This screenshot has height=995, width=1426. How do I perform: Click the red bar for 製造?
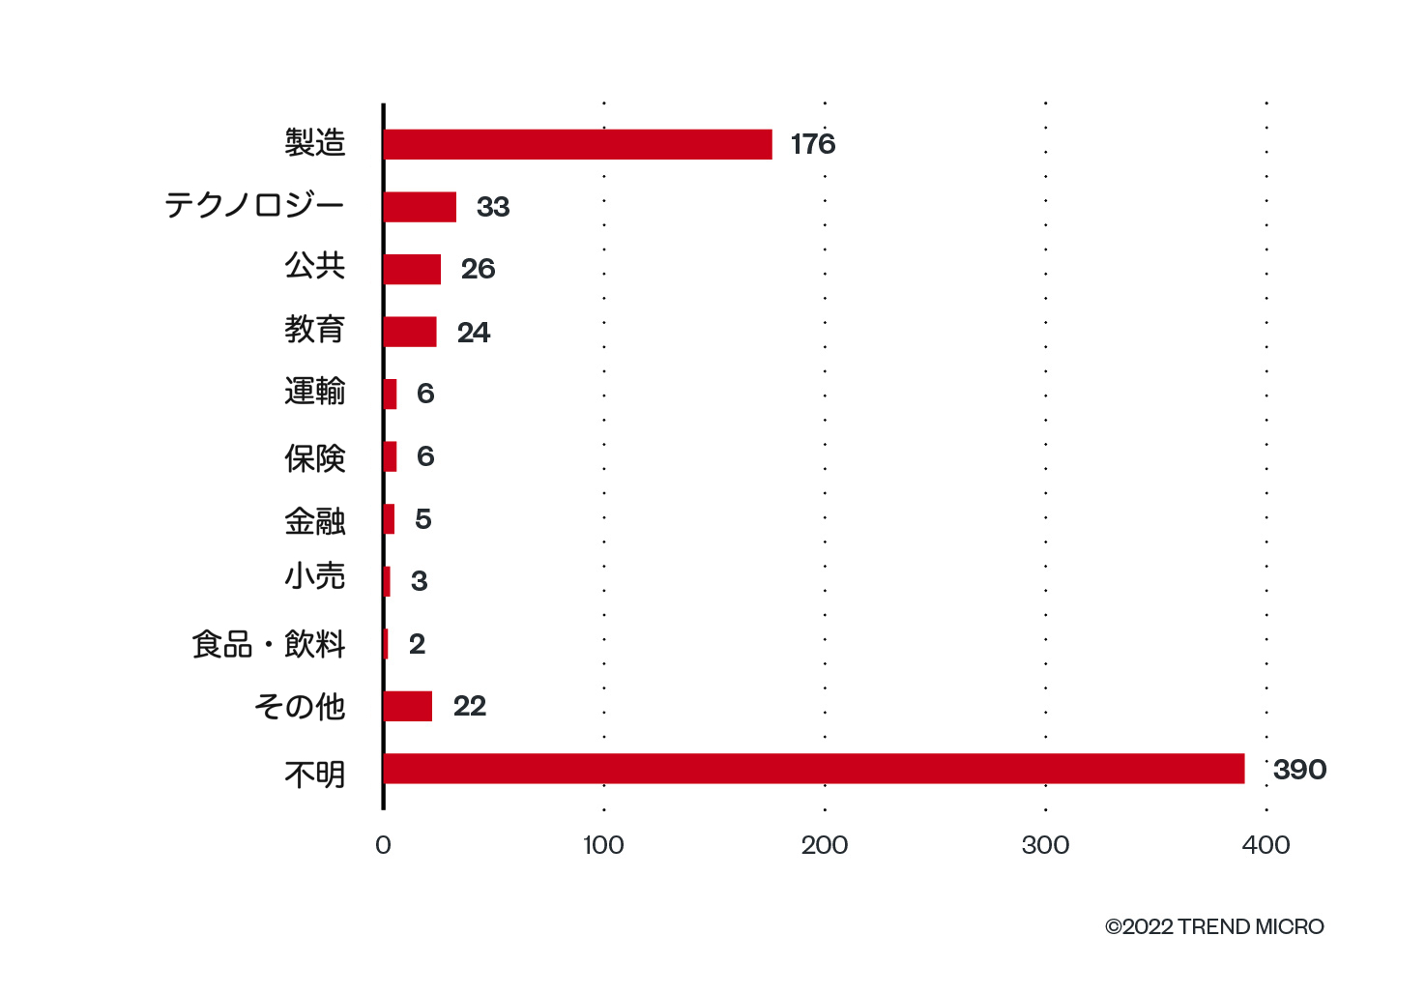point(578,144)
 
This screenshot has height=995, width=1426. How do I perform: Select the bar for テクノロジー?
point(421,207)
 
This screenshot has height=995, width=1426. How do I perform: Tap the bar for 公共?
point(413,269)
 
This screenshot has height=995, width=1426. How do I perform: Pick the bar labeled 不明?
point(814,769)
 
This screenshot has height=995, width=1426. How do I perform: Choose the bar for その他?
point(408,706)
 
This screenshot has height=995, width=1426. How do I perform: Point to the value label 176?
point(813,144)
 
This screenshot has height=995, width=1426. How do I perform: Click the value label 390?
point(1300,770)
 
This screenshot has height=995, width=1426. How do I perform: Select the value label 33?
point(493,207)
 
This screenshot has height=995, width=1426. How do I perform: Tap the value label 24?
point(474,333)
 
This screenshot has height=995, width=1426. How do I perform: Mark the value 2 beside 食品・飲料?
point(417,644)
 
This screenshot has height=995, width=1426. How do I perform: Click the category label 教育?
point(314,330)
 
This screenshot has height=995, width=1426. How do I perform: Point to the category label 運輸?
point(314,391)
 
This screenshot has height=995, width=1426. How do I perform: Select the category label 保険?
point(314,458)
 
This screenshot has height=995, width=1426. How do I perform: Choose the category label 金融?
point(314,521)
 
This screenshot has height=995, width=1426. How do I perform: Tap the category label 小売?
point(314,576)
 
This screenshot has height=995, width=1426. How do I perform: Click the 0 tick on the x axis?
point(383,845)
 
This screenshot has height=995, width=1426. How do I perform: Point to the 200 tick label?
point(825,845)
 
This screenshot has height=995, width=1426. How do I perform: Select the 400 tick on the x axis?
point(1266,845)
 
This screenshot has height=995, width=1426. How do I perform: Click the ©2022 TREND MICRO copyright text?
point(1214,927)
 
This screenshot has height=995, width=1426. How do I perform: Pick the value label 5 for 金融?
point(423,519)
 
